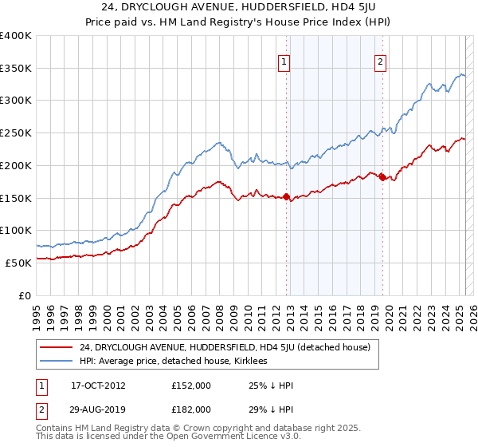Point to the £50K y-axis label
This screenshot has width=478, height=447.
[x=18, y=263]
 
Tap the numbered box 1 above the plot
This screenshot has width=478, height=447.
[x=284, y=63]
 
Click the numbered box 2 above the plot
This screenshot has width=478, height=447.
[x=381, y=63]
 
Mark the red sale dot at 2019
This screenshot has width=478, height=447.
[x=382, y=177]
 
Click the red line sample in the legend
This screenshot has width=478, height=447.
[x=57, y=347]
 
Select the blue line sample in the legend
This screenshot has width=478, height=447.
[x=57, y=361]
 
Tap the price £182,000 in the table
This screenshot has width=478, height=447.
[x=191, y=409]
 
